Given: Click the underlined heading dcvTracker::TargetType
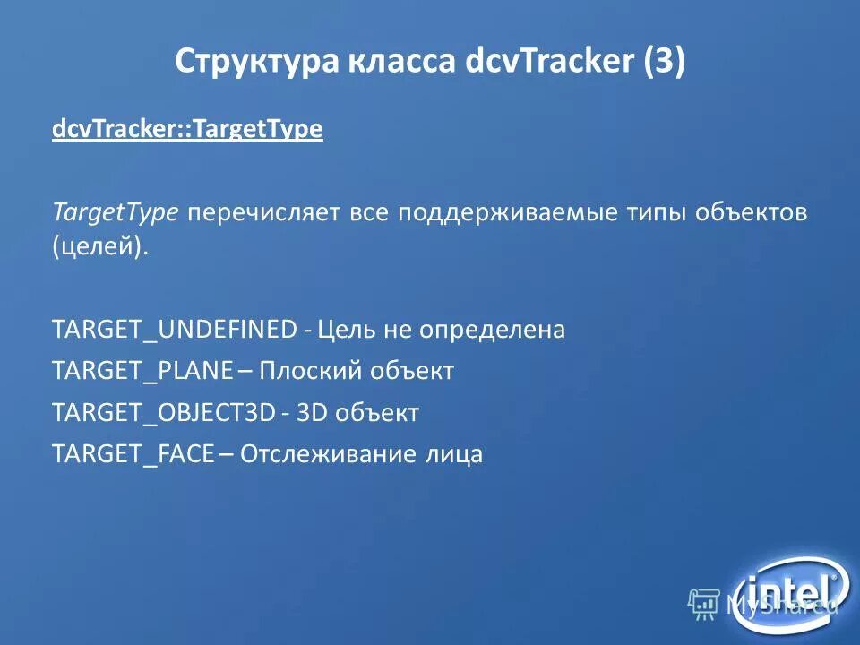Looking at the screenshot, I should point(186,130).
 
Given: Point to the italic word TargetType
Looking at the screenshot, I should point(116,213).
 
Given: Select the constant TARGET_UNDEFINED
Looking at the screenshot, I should point(174,330).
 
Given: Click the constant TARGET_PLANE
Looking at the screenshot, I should point(143,371).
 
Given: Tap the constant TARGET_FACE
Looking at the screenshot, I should point(133,454).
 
